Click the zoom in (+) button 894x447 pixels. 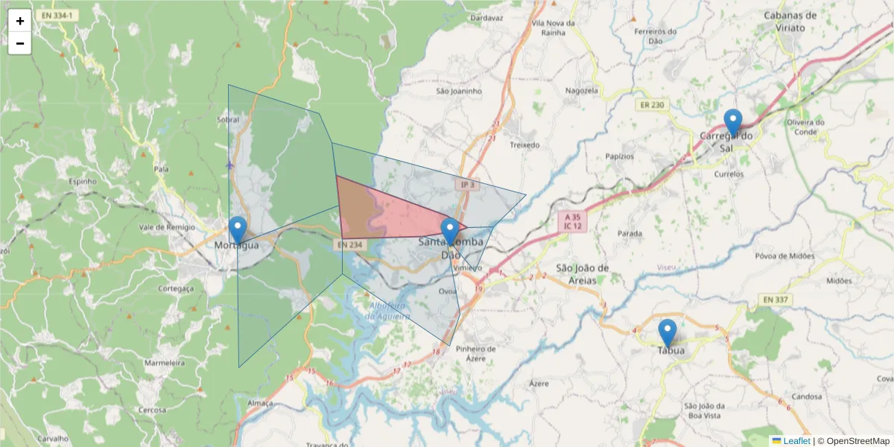click(x=20, y=21)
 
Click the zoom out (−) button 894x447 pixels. click(x=20, y=43)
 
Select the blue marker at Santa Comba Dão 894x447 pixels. click(x=449, y=231)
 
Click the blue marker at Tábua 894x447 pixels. click(x=668, y=332)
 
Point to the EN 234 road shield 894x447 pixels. click(x=349, y=244)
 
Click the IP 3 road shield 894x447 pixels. click(x=467, y=184)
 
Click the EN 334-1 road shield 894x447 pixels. click(x=58, y=14)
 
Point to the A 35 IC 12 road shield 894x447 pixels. click(x=572, y=220)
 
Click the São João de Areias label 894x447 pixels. click(x=583, y=273)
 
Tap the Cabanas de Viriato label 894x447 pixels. click(x=790, y=21)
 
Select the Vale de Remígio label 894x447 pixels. click(x=166, y=226)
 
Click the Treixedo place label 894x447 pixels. click(x=524, y=145)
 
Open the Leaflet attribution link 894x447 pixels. click(x=796, y=441)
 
